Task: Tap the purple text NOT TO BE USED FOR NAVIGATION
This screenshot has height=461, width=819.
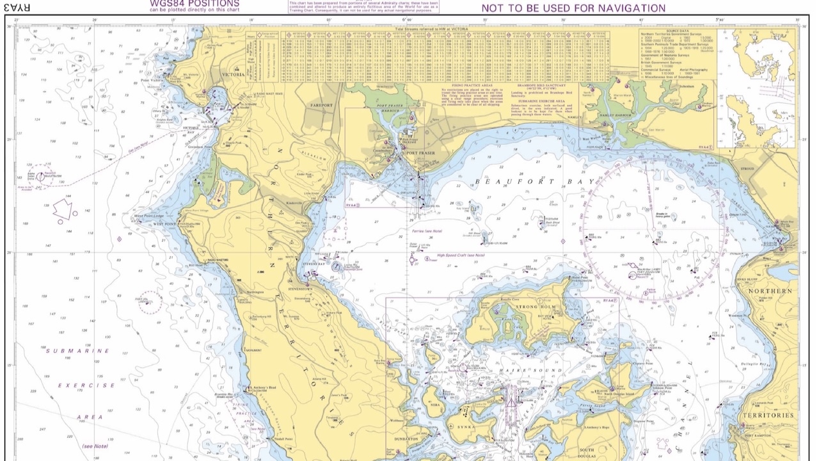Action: coord(573,8)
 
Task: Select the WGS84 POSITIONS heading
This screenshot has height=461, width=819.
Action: coord(195,3)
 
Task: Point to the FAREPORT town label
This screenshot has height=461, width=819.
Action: coord(322,105)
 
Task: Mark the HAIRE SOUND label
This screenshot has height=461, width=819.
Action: coord(526,371)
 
